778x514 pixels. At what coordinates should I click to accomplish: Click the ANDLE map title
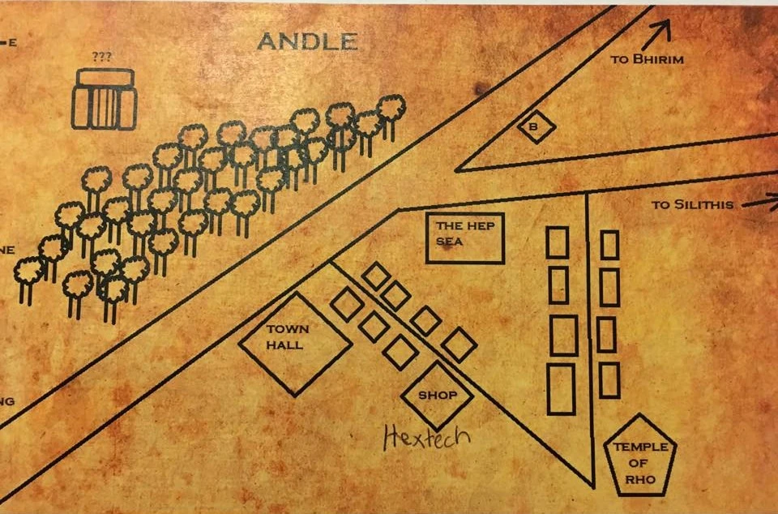307,41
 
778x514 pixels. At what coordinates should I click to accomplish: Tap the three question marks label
102,58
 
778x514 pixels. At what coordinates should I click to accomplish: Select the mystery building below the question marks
104,100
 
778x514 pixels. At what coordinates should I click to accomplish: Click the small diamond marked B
536,127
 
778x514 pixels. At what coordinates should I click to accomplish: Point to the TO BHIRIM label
647,59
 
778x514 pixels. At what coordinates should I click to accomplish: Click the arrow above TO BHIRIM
659,31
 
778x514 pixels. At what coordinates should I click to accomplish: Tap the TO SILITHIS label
692,204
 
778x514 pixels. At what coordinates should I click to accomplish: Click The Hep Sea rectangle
464,238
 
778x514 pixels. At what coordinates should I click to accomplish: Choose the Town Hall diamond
295,344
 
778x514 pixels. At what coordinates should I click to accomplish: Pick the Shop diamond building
438,396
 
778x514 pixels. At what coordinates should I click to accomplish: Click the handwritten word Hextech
425,438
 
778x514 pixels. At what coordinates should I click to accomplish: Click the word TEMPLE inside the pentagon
640,447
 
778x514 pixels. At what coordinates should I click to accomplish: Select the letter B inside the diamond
534,126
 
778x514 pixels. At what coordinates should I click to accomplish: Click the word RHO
640,478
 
